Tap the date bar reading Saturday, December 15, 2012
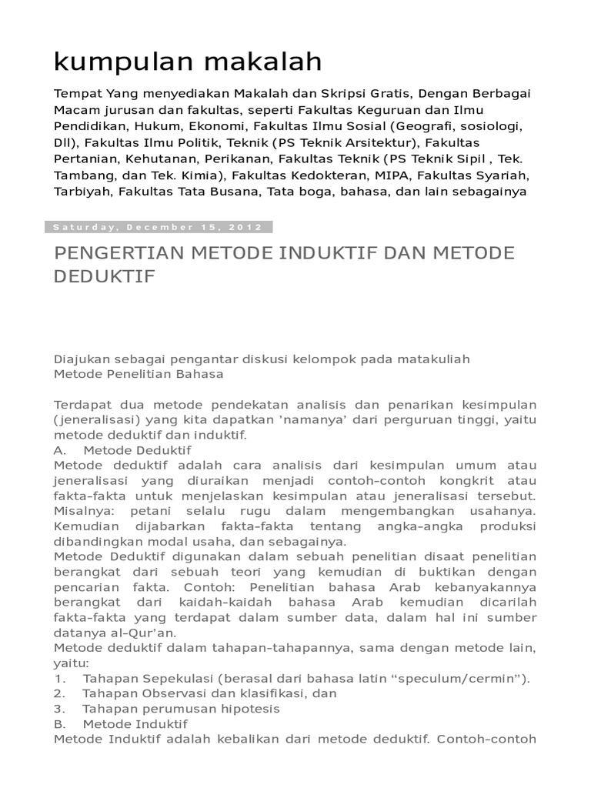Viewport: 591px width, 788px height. pos(159,227)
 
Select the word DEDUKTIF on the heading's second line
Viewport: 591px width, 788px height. pos(105,275)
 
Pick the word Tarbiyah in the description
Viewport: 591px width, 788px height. pos(81,191)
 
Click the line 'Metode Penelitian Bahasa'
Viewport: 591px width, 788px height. pos(139,374)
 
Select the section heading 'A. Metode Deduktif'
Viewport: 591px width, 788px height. pos(123,450)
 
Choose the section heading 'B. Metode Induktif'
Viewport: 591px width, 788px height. pos(121,724)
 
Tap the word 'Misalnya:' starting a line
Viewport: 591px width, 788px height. pos(82,511)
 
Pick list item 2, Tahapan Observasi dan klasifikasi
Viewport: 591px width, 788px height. pos(195,693)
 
